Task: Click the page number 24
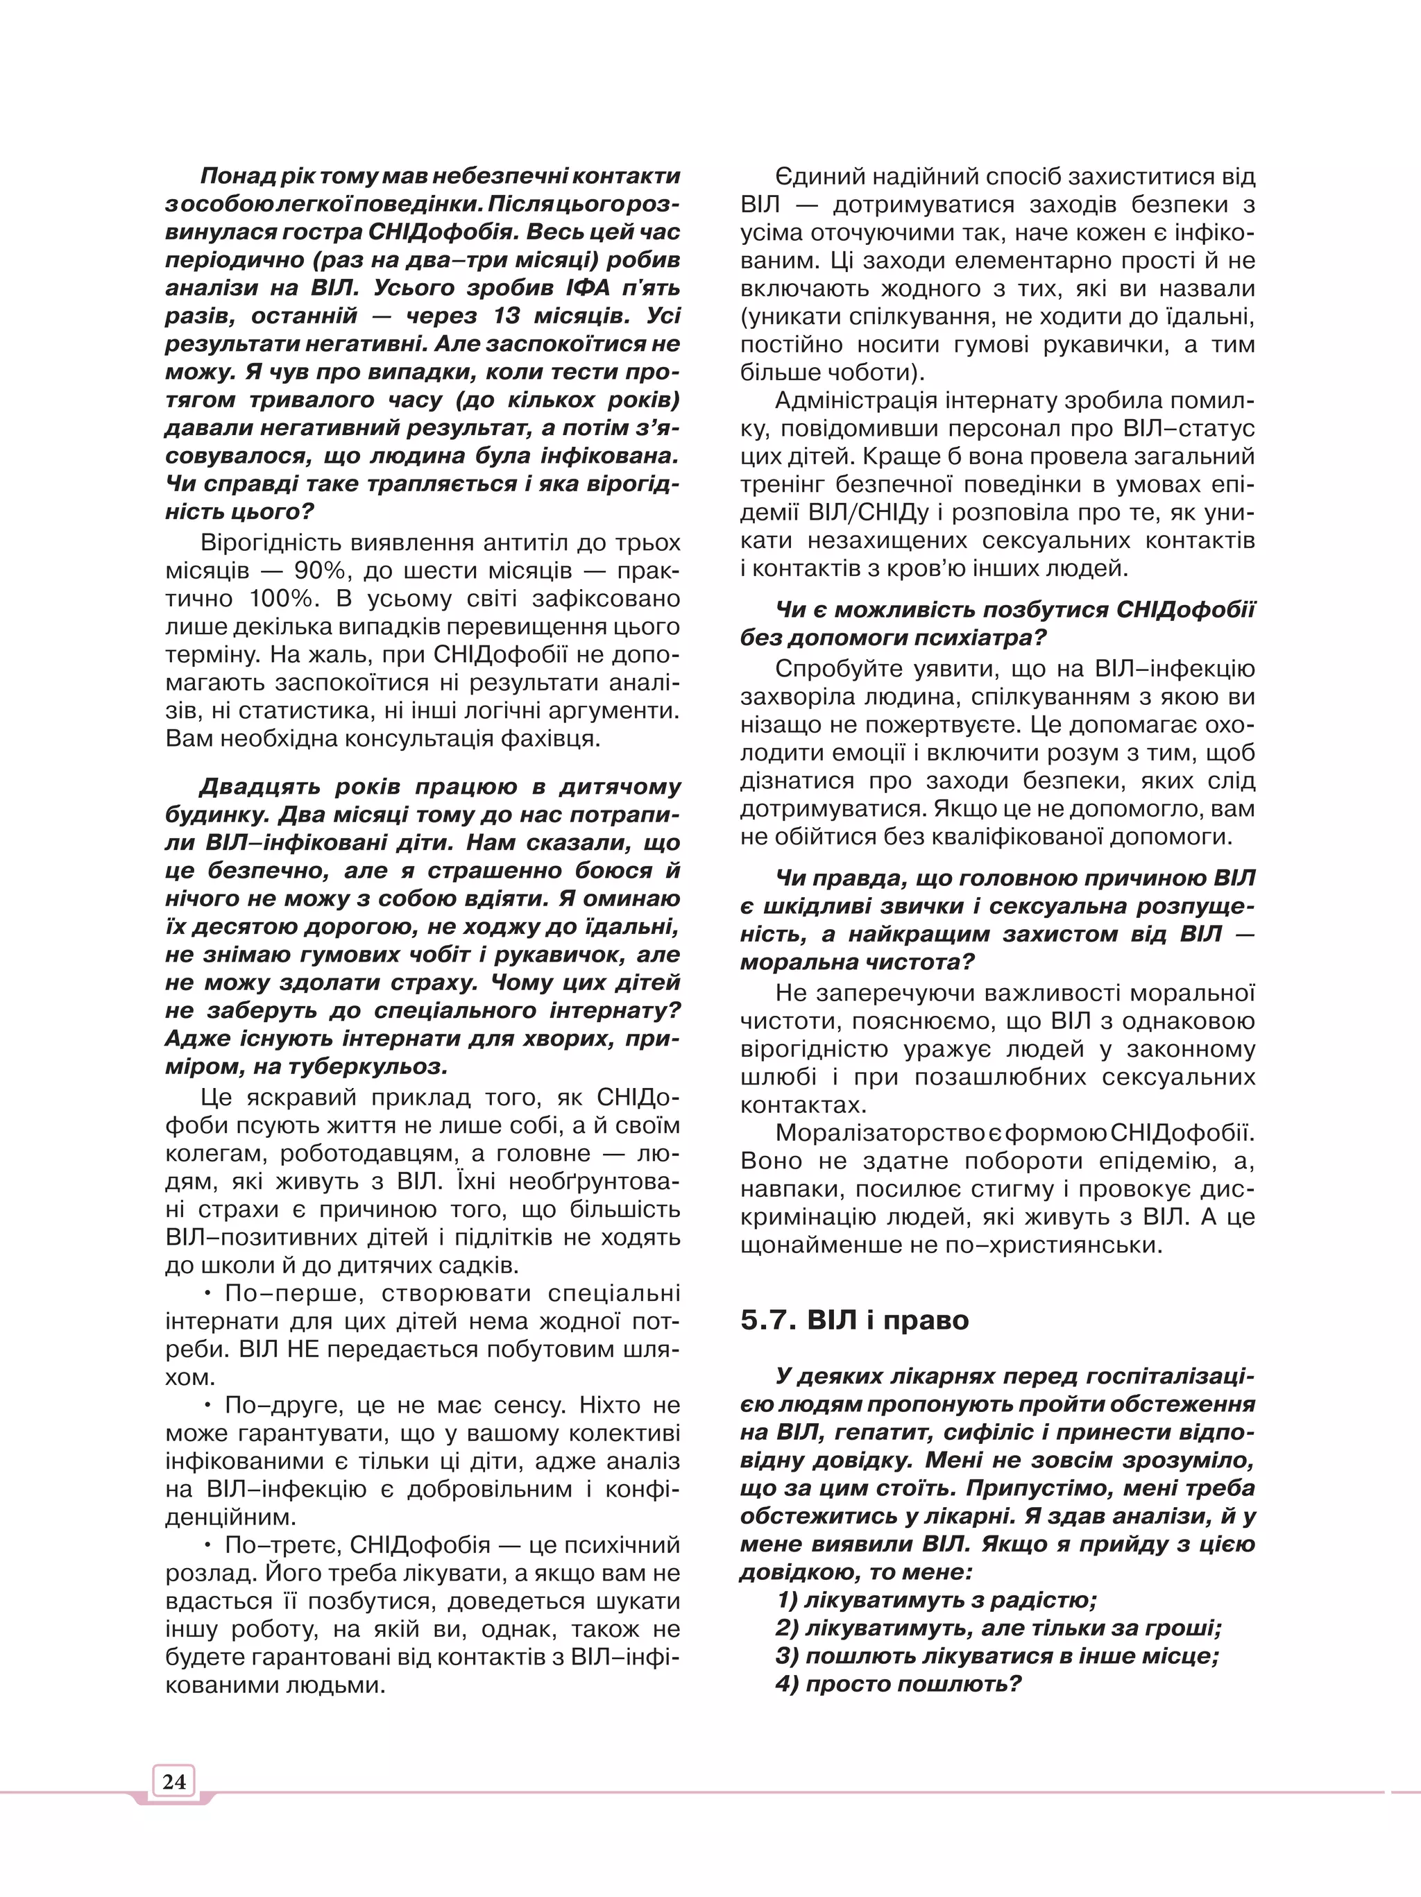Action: (174, 1780)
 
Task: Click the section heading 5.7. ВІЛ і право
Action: (854, 1320)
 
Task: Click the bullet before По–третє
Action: (208, 1545)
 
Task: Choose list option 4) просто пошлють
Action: (898, 1683)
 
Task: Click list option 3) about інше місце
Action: (996, 1656)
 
